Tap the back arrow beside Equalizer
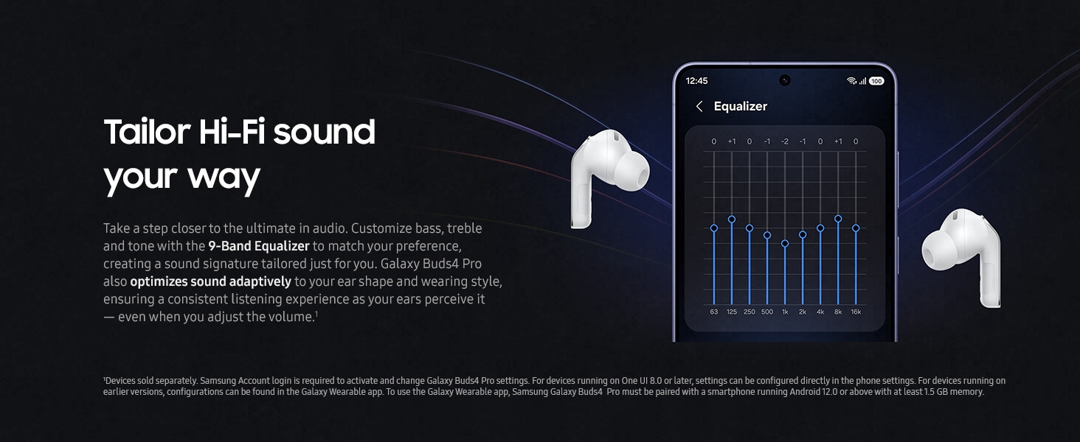[699, 107]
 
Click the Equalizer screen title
[740, 107]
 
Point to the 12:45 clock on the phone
[696, 80]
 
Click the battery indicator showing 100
[876, 81]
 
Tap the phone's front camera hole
[785, 80]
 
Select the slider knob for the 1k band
[785, 243]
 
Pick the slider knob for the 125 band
[732, 219]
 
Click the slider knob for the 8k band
[838, 219]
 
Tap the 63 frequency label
[714, 312]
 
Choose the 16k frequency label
[856, 312]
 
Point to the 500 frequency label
[767, 312]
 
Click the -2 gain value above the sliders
[785, 141]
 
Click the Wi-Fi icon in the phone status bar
[851, 81]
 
